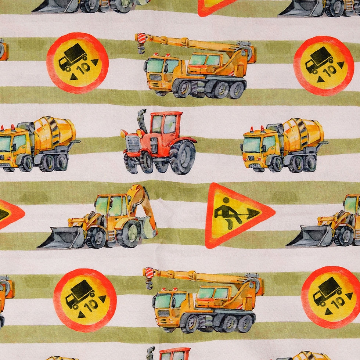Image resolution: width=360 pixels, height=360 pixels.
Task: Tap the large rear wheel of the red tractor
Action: (183, 157)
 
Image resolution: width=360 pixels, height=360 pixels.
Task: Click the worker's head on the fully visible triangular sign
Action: (226, 201)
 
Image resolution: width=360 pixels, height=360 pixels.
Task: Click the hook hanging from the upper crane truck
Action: (140, 49)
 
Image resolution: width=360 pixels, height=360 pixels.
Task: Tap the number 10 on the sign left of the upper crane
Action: (84, 68)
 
